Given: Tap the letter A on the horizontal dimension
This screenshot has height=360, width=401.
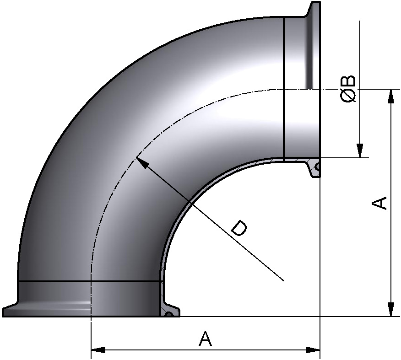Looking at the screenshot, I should [206, 339].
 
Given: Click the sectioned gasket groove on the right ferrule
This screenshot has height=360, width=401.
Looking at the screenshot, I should [317, 168].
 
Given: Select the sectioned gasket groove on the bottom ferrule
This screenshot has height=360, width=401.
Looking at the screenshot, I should [169, 314].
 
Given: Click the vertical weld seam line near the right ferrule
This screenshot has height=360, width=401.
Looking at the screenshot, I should [284, 87].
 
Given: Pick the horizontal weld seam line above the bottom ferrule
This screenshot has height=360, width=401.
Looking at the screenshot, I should [89, 281].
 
